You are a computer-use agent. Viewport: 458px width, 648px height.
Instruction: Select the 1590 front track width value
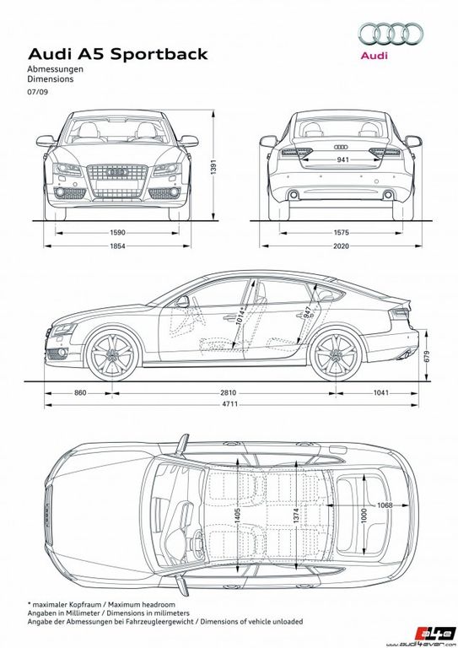pyautogui.click(x=117, y=233)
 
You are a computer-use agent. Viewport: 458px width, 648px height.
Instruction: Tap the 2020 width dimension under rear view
pyautogui.click(x=341, y=246)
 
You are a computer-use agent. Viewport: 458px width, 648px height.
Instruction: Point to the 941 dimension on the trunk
pyautogui.click(x=342, y=159)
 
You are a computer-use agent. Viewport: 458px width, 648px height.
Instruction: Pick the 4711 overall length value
pyautogui.click(x=230, y=404)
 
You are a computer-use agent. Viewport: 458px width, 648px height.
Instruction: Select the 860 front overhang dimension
pyautogui.click(x=80, y=392)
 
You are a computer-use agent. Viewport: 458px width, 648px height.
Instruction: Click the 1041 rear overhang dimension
pyautogui.click(x=380, y=392)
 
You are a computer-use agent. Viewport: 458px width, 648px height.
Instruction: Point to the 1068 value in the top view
pyautogui.click(x=385, y=505)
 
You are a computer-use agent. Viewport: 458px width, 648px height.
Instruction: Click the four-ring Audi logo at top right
pyautogui.click(x=390, y=34)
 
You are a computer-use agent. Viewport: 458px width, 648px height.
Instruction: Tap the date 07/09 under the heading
pyautogui.click(x=38, y=92)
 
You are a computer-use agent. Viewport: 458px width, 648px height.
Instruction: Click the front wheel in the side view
pyautogui.click(x=113, y=355)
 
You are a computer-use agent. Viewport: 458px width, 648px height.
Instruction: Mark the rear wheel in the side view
pyautogui.click(x=337, y=355)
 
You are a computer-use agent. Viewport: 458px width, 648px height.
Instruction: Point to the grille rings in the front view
pyautogui.click(x=117, y=172)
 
